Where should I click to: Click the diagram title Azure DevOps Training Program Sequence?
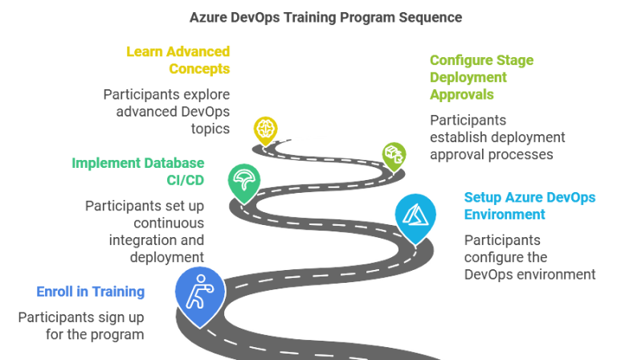tap(326, 17)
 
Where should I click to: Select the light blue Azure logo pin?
tap(415, 216)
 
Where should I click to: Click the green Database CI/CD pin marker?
tap(243, 181)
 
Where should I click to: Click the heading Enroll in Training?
tap(90, 292)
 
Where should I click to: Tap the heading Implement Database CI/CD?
tap(137, 171)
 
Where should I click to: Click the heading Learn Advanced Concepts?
tap(178, 61)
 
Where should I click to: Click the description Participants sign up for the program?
tap(81, 325)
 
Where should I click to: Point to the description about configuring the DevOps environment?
tap(529, 257)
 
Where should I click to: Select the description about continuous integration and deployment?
tap(145, 231)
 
